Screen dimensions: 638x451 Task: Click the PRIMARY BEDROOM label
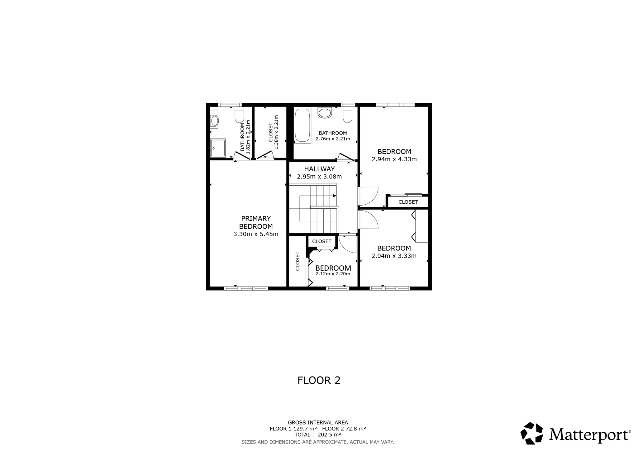[x=256, y=222]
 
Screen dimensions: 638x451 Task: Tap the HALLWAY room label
[x=319, y=169]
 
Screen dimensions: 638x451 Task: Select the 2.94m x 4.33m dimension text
[x=394, y=159]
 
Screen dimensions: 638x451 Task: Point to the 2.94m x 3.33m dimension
[x=394, y=256]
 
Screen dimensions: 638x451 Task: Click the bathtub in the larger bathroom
[x=302, y=125]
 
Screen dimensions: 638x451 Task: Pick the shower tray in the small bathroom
[x=218, y=148]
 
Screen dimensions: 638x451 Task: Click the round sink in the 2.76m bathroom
[x=325, y=113]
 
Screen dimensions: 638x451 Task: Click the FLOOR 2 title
[x=319, y=380]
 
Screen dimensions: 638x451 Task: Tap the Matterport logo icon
[x=532, y=433]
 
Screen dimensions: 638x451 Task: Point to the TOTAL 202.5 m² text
[x=318, y=435]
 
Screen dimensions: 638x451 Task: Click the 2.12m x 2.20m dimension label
[x=333, y=274]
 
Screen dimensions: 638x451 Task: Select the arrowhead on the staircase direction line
[x=335, y=196]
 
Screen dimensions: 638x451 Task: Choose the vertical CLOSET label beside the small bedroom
[x=298, y=261]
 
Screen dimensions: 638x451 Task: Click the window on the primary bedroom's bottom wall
[x=246, y=288]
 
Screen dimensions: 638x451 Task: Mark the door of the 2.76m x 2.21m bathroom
[x=346, y=157]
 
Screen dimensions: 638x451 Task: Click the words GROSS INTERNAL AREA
[x=318, y=423]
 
